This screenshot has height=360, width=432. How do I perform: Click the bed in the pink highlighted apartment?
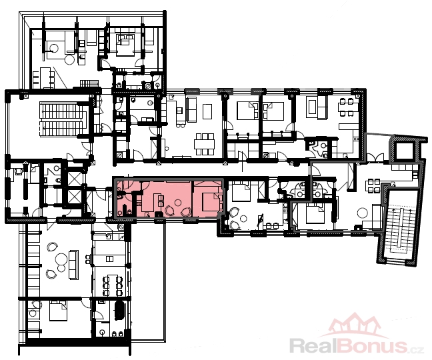tap(212, 201)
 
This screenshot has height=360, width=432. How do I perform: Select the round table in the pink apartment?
tap(178, 203)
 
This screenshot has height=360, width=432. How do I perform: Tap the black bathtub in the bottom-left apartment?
tap(119, 311)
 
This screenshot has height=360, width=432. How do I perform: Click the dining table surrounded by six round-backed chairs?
tap(112, 285)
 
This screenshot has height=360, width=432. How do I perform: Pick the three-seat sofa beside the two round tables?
tap(73, 265)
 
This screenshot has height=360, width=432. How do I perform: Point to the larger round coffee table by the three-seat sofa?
tap(61, 259)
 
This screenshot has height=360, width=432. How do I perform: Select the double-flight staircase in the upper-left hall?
tap(63, 119)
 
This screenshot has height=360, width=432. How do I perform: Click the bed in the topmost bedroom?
tap(125, 44)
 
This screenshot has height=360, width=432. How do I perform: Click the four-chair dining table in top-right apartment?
tap(346, 107)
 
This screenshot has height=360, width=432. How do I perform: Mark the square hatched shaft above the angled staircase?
tap(405, 151)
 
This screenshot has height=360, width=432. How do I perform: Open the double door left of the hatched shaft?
tap(376, 158)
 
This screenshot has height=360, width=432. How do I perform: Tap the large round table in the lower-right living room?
tap(362, 213)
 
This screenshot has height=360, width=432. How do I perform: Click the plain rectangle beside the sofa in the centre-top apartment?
tap(207, 111)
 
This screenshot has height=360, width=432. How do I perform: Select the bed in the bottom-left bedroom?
tap(58, 311)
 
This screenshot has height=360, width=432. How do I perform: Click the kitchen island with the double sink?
tap(109, 259)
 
